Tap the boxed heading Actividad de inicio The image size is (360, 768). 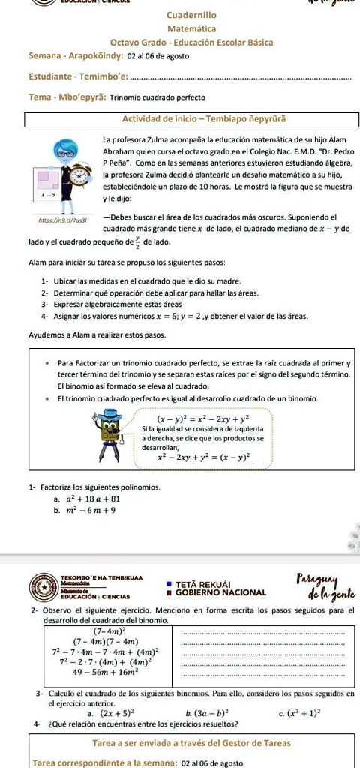(192, 119)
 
